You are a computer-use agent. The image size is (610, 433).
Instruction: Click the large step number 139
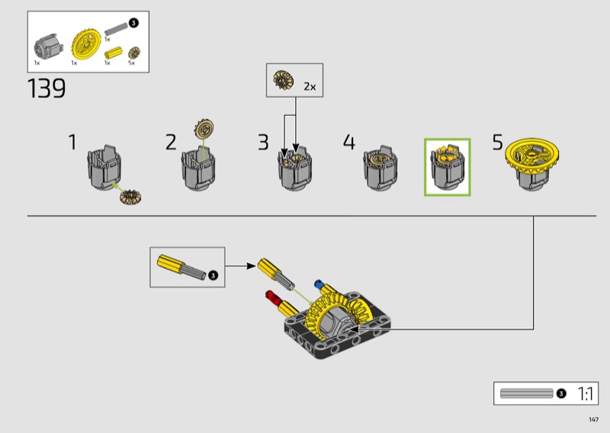[47, 88]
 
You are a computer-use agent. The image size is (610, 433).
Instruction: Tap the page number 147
[594, 419]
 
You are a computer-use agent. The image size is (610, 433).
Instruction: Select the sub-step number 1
[72, 142]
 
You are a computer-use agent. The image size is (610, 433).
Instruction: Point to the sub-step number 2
[171, 142]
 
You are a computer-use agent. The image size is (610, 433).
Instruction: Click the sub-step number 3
[263, 142]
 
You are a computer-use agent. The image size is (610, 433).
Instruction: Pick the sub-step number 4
[349, 142]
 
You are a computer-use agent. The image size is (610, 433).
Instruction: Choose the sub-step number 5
[498, 142]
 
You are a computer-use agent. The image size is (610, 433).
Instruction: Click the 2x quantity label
[310, 86]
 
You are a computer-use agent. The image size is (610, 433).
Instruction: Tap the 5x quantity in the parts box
[131, 63]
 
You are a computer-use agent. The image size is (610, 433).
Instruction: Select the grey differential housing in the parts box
[48, 47]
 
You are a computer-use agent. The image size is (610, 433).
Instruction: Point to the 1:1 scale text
[586, 393]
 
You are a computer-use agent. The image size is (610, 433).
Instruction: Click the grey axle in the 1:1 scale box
[526, 393]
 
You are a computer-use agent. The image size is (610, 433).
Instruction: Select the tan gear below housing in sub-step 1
[130, 197]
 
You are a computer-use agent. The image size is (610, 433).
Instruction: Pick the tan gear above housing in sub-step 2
[204, 128]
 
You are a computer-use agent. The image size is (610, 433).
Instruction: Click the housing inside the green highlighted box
[448, 168]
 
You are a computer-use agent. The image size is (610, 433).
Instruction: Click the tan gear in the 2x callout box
[283, 79]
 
